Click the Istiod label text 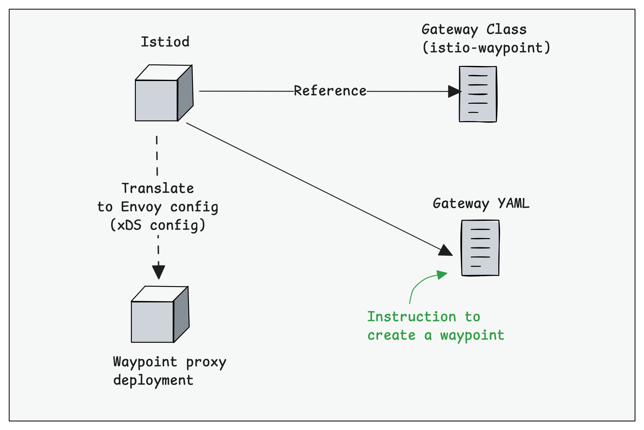(165, 42)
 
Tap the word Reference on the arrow (330, 91)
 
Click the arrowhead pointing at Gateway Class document (454, 91)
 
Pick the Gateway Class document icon (478, 94)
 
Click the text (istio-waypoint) (486, 48)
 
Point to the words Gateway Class (474, 30)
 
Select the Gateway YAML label (481, 203)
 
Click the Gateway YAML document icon (480, 248)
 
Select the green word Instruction (412, 317)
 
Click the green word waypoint (472, 335)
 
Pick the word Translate (158, 188)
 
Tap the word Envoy (141, 207)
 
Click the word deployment (153, 381)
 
